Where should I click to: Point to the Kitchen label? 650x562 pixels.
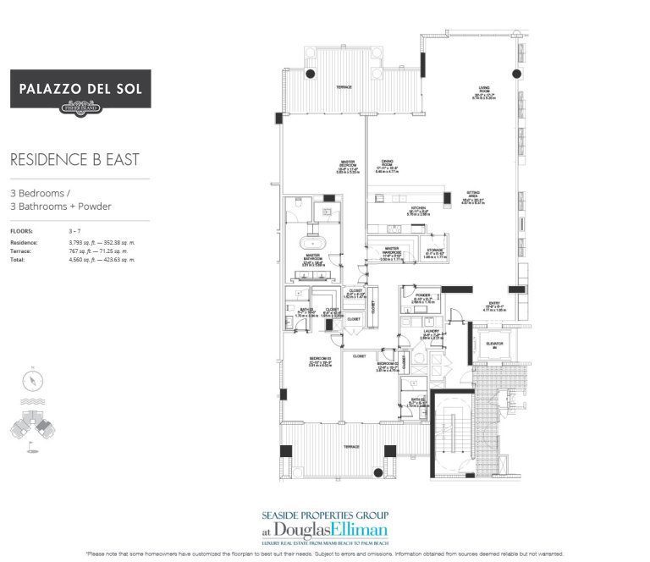click(394, 210)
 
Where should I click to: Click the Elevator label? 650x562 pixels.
click(494, 344)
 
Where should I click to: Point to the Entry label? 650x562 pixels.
click(493, 306)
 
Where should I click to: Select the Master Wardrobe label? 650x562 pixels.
click(386, 250)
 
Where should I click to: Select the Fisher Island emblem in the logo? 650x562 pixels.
click(80, 107)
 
